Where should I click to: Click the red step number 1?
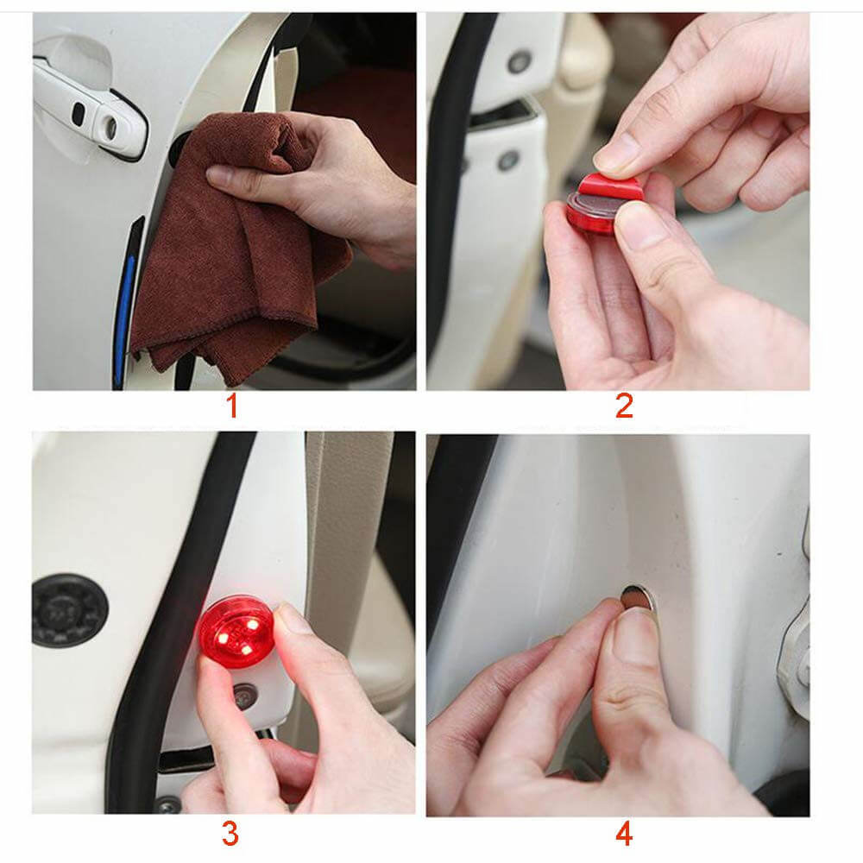(x=231, y=405)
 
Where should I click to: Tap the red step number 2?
(x=624, y=405)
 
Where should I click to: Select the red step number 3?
(x=230, y=834)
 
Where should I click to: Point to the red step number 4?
(x=624, y=834)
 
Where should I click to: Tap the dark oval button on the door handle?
(x=79, y=113)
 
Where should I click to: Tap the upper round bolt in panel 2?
(x=519, y=61)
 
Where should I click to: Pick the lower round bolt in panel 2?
(x=508, y=161)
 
